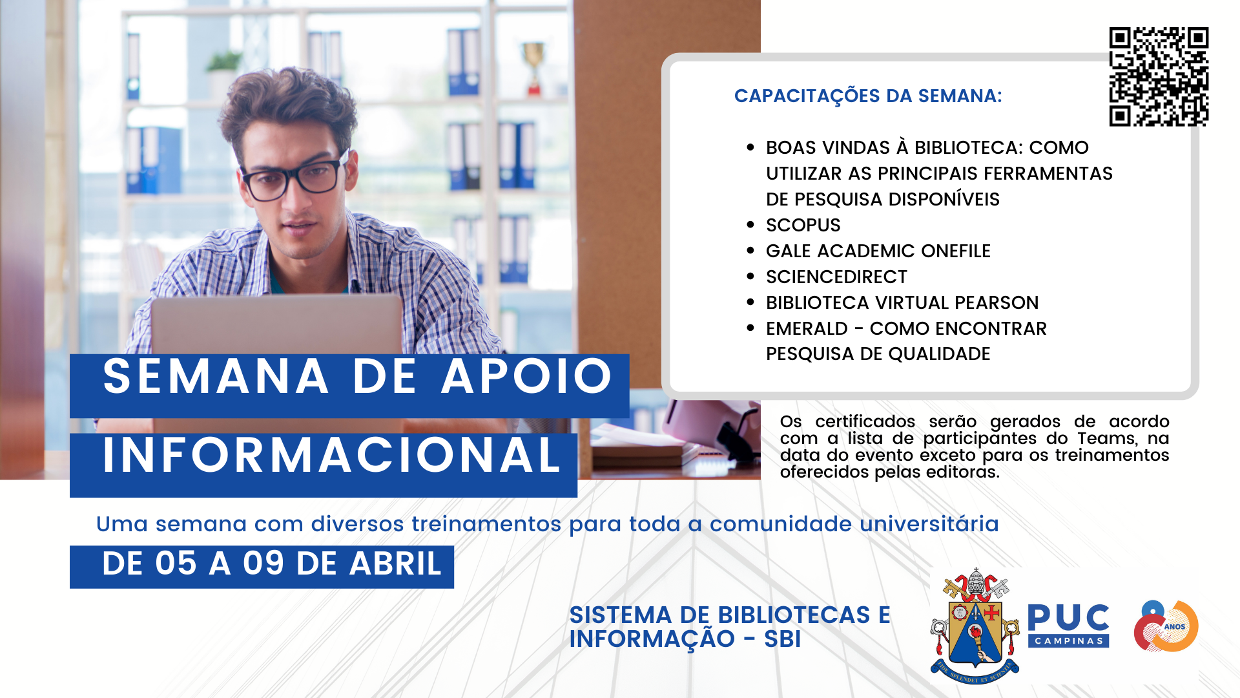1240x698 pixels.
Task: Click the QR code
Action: [x=1159, y=76]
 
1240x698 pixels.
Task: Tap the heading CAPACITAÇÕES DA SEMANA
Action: [x=868, y=96]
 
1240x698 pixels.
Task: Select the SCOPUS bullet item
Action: [x=803, y=225]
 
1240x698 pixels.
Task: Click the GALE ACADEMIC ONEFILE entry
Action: [x=878, y=251]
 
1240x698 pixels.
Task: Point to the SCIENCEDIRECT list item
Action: [x=836, y=277]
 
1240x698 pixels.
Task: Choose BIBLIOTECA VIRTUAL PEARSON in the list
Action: [x=902, y=302]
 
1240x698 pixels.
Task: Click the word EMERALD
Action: [x=807, y=328]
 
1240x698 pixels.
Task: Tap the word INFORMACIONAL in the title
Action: [x=331, y=455]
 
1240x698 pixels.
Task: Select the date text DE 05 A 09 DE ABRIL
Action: [x=272, y=564]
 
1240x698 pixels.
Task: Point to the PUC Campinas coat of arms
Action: [x=975, y=625]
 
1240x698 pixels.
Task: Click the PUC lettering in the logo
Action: [x=1068, y=618]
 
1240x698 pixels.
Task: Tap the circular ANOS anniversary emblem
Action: [x=1166, y=626]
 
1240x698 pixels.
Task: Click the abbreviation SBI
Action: [x=782, y=639]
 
